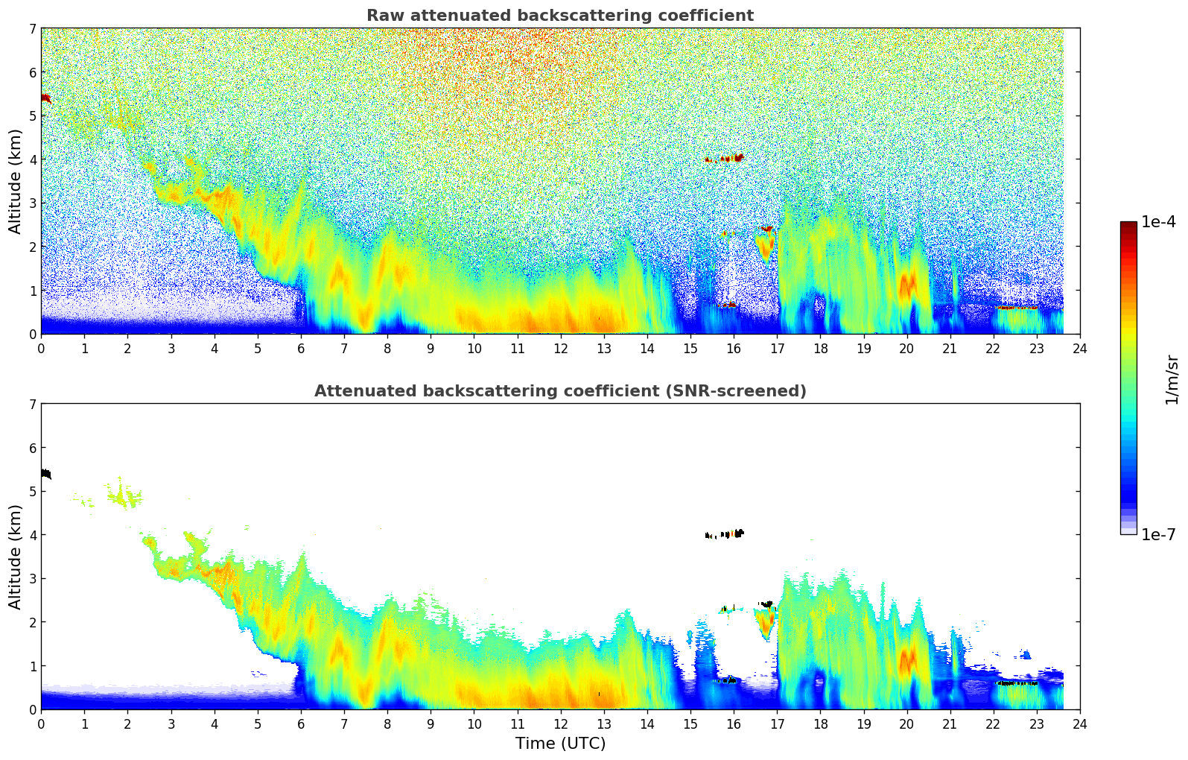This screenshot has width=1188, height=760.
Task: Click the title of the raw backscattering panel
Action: [559, 16]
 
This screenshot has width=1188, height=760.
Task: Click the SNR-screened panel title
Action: [559, 391]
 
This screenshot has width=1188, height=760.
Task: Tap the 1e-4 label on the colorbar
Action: [1158, 222]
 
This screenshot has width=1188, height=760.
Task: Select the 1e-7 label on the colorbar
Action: [1158, 534]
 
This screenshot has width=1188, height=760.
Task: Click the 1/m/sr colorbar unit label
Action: [1172, 379]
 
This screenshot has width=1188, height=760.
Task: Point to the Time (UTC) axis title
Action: [560, 744]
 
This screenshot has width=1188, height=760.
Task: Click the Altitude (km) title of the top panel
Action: [16, 181]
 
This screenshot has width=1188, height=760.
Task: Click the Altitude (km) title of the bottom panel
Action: [16, 557]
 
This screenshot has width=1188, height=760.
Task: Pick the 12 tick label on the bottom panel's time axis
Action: [560, 724]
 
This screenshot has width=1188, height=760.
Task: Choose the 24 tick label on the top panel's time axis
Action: [1079, 349]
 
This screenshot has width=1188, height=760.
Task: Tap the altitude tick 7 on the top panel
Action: [32, 29]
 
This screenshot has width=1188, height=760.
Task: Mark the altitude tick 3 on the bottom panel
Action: [32, 579]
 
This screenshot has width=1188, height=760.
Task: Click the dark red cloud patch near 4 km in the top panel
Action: [727, 158]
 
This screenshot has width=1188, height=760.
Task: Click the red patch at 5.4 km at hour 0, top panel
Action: [45, 98]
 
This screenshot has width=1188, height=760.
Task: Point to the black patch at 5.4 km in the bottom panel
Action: [45, 474]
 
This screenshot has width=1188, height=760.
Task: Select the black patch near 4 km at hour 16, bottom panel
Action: [731, 533]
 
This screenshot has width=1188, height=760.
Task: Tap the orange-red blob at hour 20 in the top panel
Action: [907, 285]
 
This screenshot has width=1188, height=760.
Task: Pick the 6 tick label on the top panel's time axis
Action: [301, 349]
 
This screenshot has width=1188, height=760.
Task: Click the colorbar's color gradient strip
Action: [1128, 378]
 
